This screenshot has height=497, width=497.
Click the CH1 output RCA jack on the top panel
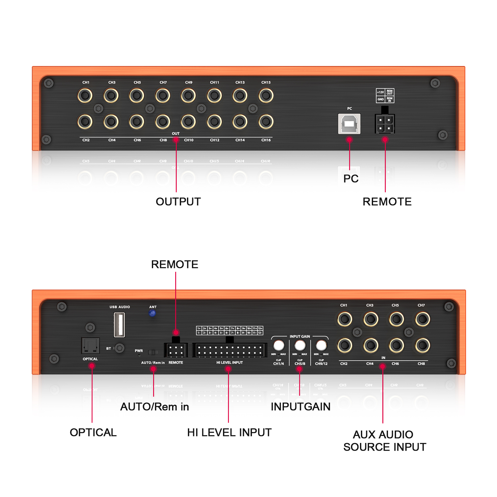85,95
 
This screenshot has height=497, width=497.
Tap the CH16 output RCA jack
266,121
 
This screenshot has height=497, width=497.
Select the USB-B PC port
349,124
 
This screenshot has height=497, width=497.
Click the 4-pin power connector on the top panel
385,124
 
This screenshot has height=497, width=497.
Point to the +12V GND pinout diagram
385,96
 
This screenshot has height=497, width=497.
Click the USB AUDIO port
119,325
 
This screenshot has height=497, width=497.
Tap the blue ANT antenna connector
152,313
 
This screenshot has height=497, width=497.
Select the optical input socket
90,345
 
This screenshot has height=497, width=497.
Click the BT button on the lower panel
119,348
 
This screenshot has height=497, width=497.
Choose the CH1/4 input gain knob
279,345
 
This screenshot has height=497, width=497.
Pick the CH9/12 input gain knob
321,345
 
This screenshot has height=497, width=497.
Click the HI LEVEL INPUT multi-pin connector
230,350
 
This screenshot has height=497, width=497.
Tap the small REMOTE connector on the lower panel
176,350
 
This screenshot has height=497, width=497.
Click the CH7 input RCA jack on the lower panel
422,319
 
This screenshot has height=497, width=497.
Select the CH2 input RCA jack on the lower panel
345,345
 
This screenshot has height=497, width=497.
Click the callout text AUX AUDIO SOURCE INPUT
385,440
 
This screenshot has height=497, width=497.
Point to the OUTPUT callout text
178,202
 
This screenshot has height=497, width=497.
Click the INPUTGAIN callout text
300,407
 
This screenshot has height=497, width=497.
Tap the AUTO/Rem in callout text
154,407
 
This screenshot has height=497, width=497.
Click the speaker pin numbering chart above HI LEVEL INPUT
230,331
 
